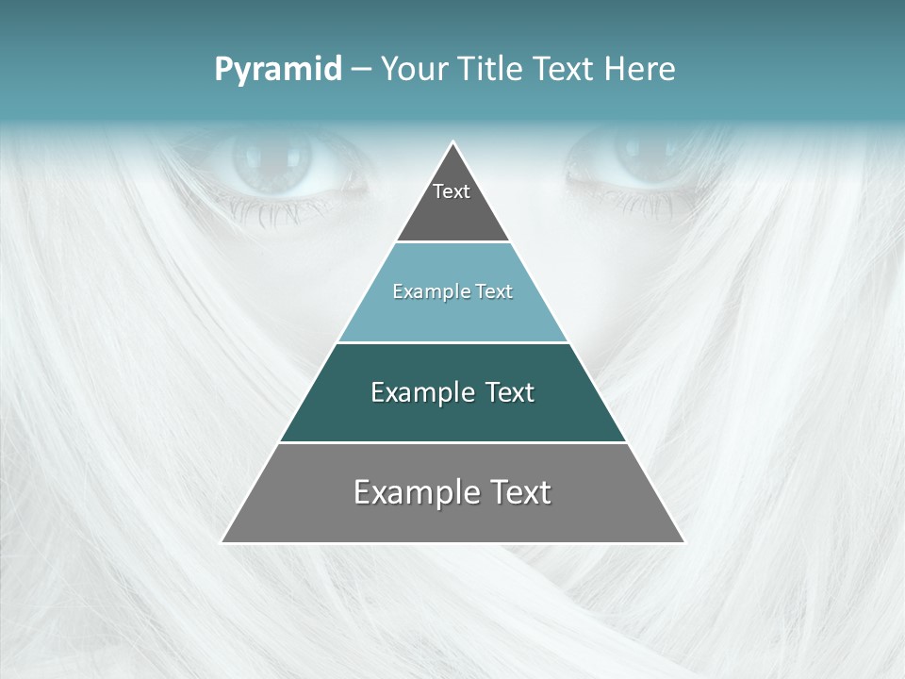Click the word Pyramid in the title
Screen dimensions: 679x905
click(x=277, y=70)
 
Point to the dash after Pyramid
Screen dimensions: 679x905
click(x=361, y=70)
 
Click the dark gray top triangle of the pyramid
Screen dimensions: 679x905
click(x=452, y=217)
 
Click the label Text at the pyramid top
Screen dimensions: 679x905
click(x=452, y=191)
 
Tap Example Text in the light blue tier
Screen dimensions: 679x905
click(x=452, y=291)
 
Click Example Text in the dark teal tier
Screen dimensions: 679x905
click(x=452, y=392)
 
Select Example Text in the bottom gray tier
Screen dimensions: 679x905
click(x=452, y=492)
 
